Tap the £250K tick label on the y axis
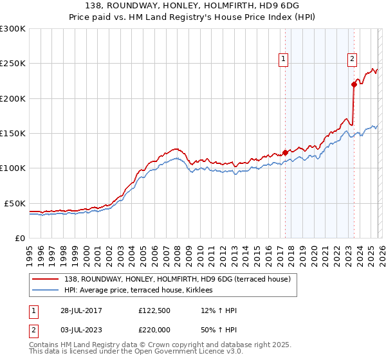coord(13,64)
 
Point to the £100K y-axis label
coord(13,168)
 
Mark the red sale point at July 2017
coord(285,152)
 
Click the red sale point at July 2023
coord(354,84)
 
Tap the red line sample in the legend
coord(47,279)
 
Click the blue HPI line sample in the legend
coord(47,291)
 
